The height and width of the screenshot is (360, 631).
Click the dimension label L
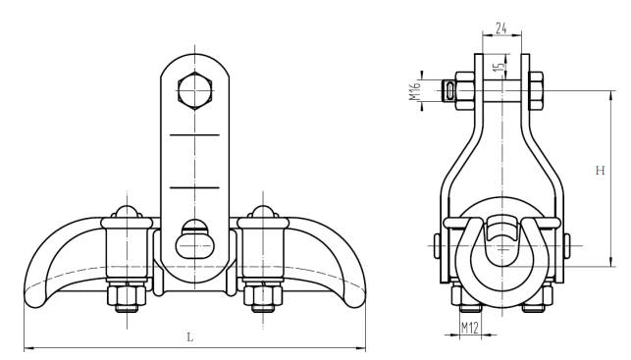point(190,337)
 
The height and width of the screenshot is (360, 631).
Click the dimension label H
point(600,171)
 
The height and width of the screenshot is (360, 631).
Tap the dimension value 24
point(501,28)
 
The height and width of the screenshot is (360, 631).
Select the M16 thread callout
point(414,90)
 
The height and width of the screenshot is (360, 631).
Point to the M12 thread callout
point(470,328)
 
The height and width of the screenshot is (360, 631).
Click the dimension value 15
point(499,67)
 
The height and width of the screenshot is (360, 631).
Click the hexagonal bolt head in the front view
point(194,91)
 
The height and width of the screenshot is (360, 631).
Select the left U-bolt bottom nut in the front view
point(127,295)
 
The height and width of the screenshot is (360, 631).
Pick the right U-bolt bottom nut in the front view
point(263,295)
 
